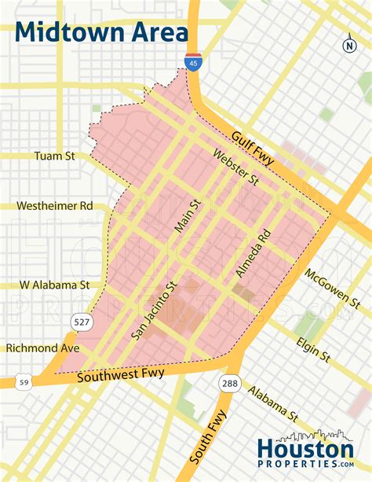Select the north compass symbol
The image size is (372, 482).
pyautogui.click(x=349, y=45)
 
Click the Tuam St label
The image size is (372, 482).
pyautogui.click(x=54, y=156)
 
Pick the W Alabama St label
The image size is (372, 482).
pyautogui.click(x=55, y=285)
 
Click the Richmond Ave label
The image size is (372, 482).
pyautogui.click(x=43, y=348)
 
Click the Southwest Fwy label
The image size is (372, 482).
pyautogui.click(x=121, y=376)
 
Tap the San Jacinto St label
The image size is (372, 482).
pyautogui.click(x=155, y=311)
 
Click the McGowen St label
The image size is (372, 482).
pyautogui.click(x=333, y=289)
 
